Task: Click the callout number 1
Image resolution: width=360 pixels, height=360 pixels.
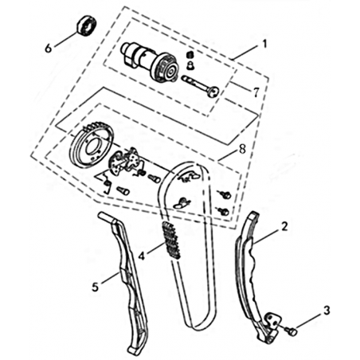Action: coord(264,44)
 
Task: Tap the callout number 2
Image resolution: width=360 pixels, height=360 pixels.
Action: coord(284,227)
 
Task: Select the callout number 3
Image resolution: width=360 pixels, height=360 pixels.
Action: coord(327,311)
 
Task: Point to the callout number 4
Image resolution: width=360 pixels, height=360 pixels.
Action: coord(142,256)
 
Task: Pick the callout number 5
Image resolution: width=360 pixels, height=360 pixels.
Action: coord(95,287)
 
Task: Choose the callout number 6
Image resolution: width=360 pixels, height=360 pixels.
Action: coord(48,49)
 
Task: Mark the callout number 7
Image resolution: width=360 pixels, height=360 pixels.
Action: coord(256,92)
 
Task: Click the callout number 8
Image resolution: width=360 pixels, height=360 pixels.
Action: coord(242,149)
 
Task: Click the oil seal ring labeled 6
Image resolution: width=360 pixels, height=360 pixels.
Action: coord(86,25)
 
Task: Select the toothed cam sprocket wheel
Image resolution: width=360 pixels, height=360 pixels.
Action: coord(92,144)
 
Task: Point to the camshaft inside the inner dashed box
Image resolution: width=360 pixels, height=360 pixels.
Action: coord(151,62)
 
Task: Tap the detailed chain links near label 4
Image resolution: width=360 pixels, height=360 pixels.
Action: coord(171,241)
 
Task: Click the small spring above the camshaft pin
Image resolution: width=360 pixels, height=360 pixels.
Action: coord(190,56)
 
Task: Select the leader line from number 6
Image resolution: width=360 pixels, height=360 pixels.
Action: coord(65,39)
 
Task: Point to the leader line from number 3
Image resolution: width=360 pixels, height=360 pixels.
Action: coord(308,320)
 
